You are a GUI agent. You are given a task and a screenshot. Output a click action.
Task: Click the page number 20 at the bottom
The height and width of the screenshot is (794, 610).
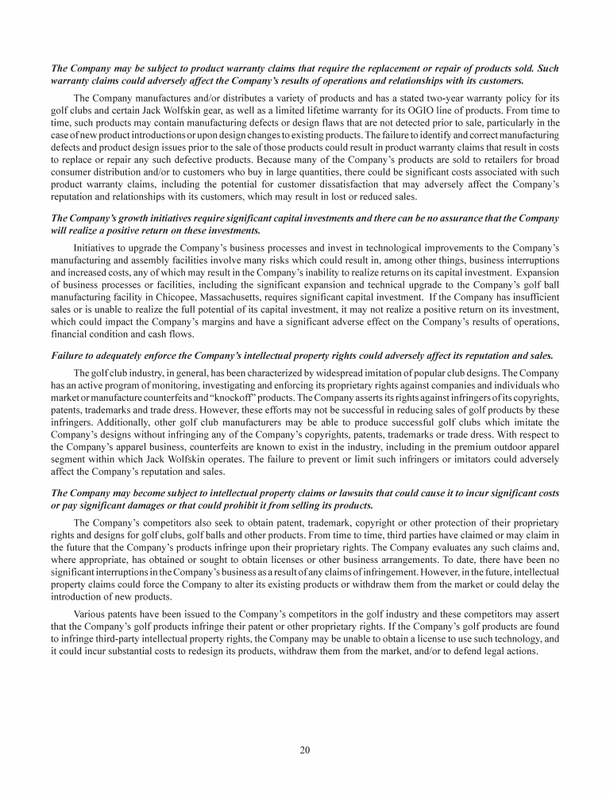305,750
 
